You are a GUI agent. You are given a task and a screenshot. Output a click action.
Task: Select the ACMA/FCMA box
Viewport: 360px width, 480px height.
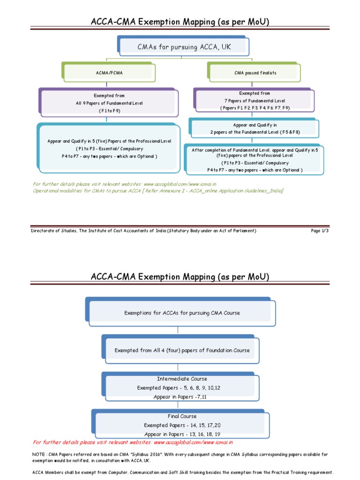pos(107,73)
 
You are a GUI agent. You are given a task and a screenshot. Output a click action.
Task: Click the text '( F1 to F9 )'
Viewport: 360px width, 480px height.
pos(109,111)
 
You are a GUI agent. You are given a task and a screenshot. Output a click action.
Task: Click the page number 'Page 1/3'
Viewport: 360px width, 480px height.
pos(320,231)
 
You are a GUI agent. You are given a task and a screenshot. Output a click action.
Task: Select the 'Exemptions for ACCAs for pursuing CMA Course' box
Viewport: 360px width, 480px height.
pos(182,313)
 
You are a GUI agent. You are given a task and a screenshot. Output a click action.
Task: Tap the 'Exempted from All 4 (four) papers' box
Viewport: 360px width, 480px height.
pos(182,350)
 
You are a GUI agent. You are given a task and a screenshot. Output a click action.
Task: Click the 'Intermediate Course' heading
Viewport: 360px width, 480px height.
pos(182,379)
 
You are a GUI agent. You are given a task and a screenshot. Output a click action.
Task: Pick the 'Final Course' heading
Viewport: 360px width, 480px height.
pos(182,416)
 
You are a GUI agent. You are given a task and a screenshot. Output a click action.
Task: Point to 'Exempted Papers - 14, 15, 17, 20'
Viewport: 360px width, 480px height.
pos(182,425)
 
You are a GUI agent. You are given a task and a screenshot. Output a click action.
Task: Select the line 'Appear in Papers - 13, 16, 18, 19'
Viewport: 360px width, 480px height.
pos(182,434)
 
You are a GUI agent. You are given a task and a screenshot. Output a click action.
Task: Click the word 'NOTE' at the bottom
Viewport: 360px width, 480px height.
pos(40,454)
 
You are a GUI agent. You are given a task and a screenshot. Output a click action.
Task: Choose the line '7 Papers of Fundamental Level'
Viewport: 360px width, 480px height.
pos(255,101)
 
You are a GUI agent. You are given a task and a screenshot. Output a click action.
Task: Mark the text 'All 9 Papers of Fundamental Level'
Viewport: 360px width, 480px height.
pos(109,103)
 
